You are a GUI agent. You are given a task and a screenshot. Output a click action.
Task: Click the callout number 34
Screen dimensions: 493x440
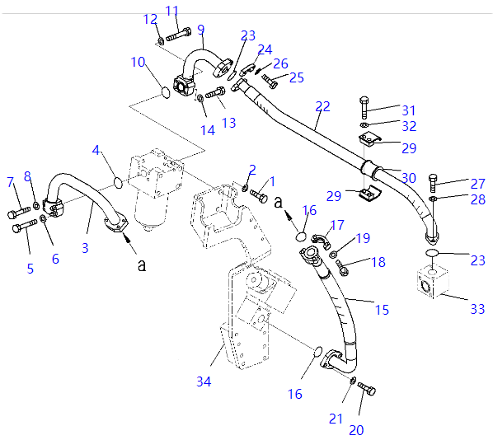204,381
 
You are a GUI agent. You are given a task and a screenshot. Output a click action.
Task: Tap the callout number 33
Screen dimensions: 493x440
477,309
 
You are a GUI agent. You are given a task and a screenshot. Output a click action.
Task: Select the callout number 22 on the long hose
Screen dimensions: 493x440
322,106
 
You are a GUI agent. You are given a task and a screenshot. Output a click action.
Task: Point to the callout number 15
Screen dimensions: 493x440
382,310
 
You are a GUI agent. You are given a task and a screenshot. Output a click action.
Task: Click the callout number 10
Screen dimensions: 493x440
138,62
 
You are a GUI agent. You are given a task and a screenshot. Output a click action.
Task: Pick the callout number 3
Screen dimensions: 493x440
85,248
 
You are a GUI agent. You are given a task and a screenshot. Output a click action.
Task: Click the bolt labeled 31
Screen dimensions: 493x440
364,107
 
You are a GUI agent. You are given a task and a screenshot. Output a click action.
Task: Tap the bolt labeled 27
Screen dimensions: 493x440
433,183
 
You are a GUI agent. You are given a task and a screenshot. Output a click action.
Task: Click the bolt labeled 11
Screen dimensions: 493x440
179,35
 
